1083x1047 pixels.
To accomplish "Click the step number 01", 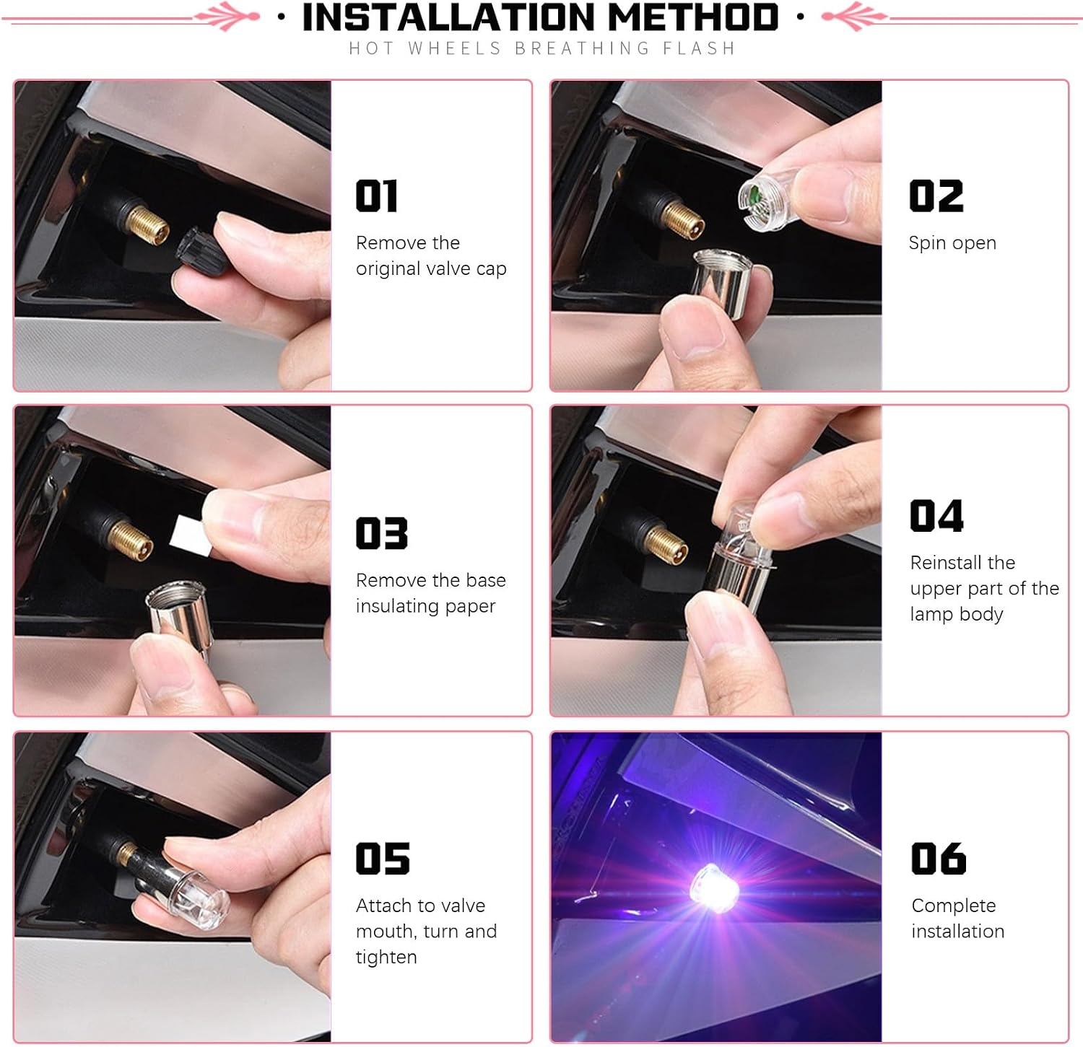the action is (x=377, y=196).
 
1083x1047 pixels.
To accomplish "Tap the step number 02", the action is (x=936, y=196).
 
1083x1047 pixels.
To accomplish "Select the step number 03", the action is (x=382, y=533).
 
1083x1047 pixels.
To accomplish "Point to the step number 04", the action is (x=937, y=516).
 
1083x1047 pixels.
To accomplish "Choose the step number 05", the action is (x=383, y=859).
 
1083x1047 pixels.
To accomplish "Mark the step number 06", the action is (x=939, y=859).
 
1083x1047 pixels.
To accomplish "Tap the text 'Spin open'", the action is (x=952, y=243).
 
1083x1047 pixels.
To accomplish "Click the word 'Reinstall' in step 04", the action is (x=962, y=562).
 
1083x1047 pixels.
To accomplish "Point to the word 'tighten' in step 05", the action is (x=386, y=958).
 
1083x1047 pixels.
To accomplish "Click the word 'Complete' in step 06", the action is (x=954, y=906).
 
